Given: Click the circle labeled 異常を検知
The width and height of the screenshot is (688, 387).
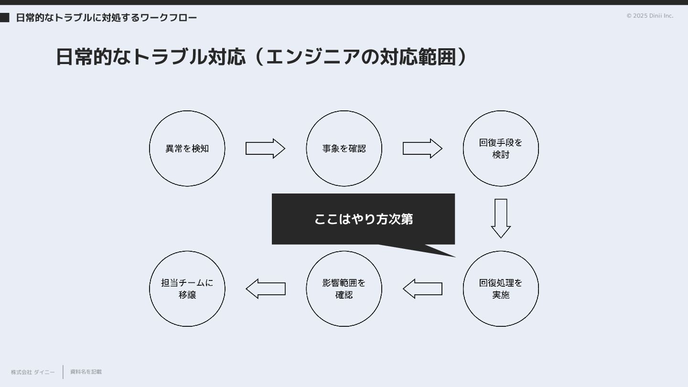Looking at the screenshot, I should (187, 149).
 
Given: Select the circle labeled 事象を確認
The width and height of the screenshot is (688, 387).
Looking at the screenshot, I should (344, 149).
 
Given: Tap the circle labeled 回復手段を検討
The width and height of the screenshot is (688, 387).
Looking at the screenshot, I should (501, 149).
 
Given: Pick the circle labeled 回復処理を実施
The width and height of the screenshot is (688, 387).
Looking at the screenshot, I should (501, 289).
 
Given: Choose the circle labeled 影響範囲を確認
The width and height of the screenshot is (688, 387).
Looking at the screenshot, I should (344, 289).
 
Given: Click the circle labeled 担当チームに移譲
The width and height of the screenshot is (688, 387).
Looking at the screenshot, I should (187, 289).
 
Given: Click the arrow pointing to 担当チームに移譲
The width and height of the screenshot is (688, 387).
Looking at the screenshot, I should (266, 289).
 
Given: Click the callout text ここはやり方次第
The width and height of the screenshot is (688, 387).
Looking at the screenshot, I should (364, 219).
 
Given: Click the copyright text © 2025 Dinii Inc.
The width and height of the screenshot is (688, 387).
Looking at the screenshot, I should (650, 16).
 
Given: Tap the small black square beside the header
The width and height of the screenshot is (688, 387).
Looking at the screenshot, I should (5, 18).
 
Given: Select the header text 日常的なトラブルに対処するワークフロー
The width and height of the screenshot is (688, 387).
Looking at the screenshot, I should (107, 18).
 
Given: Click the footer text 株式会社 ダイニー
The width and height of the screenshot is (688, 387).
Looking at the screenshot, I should (33, 372).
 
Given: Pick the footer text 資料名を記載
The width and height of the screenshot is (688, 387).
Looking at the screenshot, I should (86, 372).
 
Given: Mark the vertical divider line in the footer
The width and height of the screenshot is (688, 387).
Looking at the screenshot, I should (63, 372).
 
